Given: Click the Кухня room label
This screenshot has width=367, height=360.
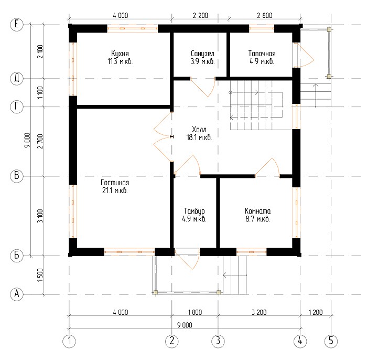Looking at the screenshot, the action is click(x=120, y=54).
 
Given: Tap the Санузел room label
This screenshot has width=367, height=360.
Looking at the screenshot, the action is click(x=202, y=54).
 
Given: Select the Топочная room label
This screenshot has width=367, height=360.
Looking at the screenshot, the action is click(x=262, y=54).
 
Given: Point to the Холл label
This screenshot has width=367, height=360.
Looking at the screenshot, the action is click(x=199, y=129).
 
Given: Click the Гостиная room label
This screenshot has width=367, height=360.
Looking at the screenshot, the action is click(x=115, y=183).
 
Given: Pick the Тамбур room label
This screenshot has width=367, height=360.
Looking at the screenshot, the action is click(x=195, y=211).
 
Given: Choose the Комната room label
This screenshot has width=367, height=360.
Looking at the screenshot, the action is click(x=258, y=211).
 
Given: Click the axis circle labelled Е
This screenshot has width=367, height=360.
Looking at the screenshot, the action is click(x=17, y=24).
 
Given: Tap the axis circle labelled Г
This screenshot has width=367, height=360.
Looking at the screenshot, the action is click(x=17, y=107).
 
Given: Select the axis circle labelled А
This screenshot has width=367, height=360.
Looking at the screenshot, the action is click(x=17, y=294).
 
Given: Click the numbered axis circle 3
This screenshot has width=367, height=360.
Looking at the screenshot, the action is click(x=218, y=341).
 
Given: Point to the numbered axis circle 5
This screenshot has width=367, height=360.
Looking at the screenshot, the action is click(x=331, y=341).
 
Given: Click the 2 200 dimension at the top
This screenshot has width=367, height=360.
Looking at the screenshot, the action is click(x=200, y=15).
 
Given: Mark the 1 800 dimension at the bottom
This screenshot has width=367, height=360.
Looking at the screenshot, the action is click(x=195, y=312).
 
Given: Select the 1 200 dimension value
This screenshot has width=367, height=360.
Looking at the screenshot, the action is click(x=316, y=312).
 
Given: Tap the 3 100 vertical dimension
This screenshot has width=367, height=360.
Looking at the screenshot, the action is click(x=40, y=216).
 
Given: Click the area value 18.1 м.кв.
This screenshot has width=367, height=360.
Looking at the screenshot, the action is click(x=199, y=137).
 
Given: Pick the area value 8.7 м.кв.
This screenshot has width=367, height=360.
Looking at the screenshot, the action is click(x=258, y=219).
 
